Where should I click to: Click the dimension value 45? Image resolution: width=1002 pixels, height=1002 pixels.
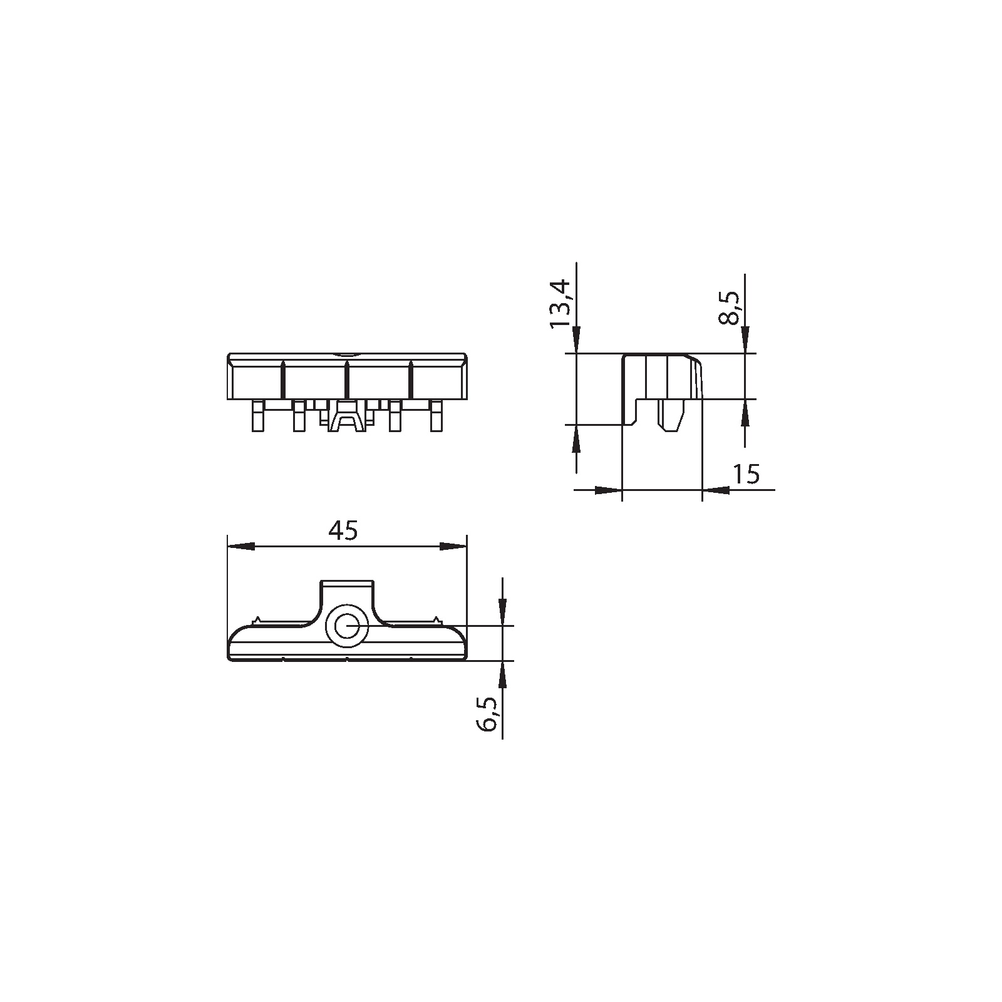point(343,530)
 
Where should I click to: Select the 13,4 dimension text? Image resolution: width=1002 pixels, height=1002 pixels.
point(559,304)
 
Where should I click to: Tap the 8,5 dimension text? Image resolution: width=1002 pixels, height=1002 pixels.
point(730,308)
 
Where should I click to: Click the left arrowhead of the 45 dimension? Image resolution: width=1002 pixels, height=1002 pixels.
point(241,547)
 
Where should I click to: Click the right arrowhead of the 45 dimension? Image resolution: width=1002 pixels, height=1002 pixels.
point(453,547)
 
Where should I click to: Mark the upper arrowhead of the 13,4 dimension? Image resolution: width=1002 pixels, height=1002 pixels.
point(576,340)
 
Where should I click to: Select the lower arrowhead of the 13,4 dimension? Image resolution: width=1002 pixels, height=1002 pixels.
point(576,438)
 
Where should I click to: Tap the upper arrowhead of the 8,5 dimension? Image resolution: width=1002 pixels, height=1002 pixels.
point(745,340)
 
